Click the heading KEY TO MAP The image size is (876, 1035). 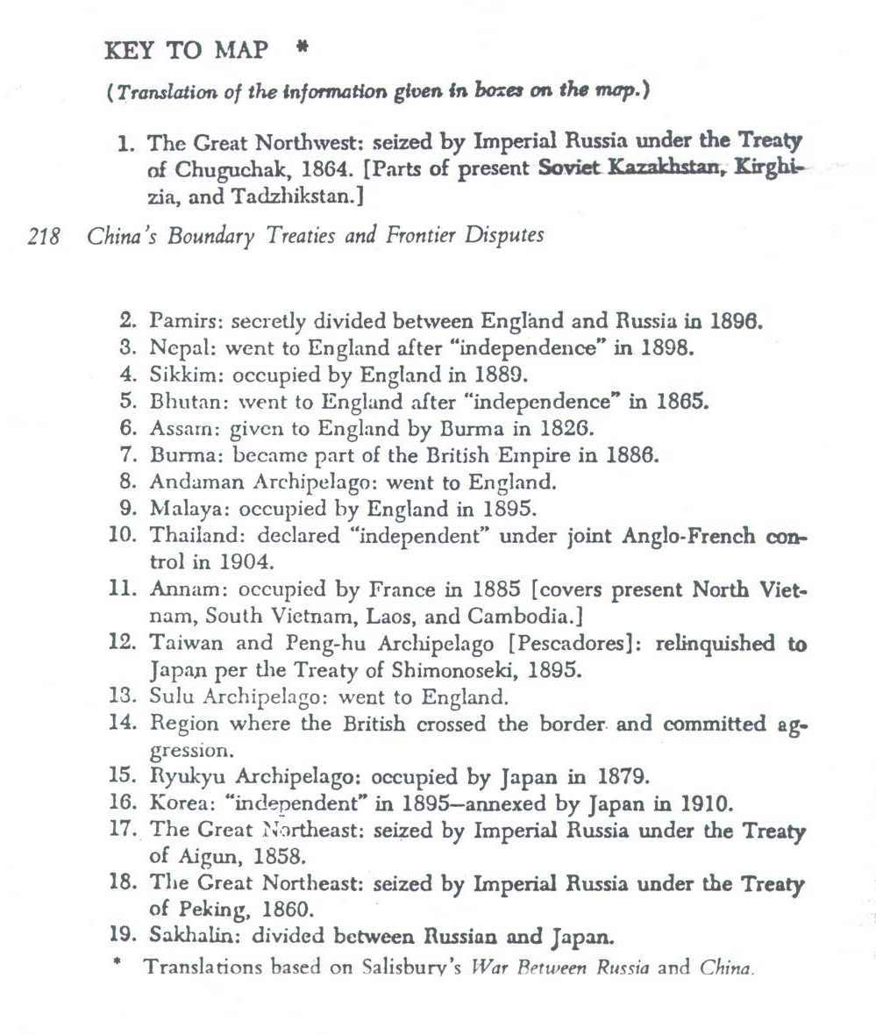tap(186, 51)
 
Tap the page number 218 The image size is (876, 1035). tap(44, 236)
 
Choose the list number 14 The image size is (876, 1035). tap(122, 724)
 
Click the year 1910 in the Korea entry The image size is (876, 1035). tap(702, 803)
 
